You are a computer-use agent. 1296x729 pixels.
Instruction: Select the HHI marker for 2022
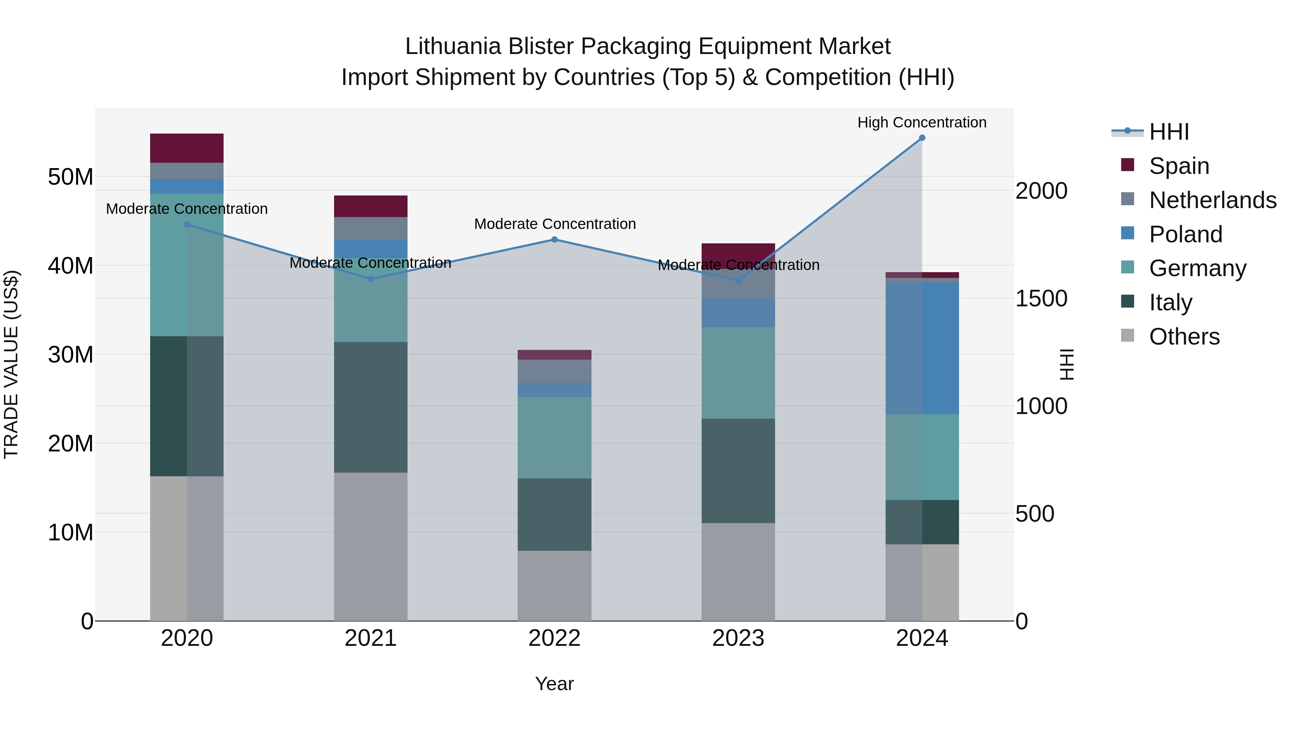554,239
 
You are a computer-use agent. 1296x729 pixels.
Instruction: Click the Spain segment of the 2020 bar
186,148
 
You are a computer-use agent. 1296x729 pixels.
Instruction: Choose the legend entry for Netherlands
1212,200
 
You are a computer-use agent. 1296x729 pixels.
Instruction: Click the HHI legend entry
1169,132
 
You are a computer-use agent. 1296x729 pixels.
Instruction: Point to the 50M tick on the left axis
71,177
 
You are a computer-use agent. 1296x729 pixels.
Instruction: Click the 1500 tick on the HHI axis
1041,298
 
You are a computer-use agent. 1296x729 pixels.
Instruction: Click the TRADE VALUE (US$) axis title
11,364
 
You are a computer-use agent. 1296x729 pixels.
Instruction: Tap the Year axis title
554,684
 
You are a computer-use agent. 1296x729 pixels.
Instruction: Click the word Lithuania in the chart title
453,46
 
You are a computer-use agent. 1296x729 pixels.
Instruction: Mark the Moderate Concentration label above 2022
554,224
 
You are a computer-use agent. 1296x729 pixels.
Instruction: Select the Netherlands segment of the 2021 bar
370,228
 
